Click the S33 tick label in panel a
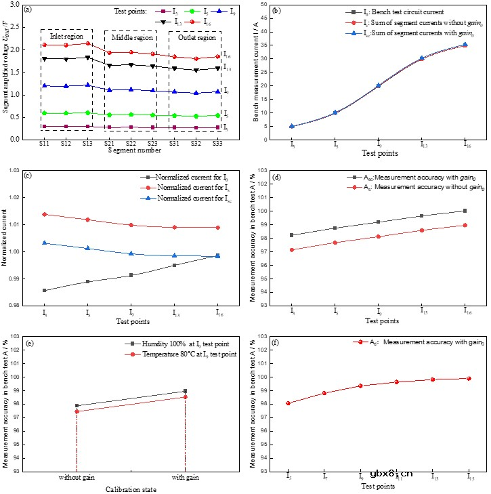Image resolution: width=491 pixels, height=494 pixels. [217, 144]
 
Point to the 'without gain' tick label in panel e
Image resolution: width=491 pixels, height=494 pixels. [77, 477]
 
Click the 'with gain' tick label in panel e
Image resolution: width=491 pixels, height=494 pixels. [185, 477]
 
